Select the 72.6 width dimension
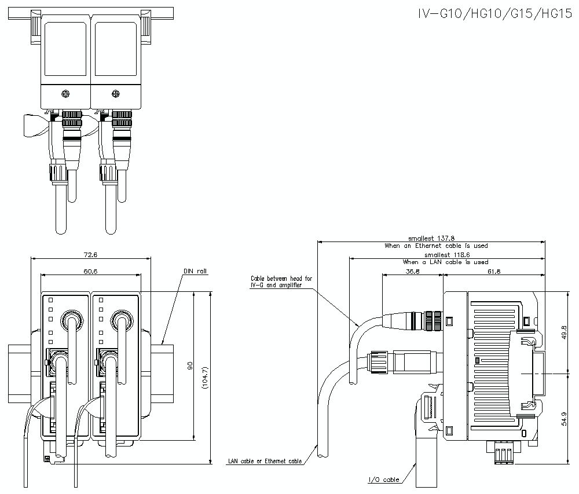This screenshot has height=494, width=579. click(x=90, y=254)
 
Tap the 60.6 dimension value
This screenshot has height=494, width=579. click(x=90, y=271)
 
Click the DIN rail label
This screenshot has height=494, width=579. click(x=195, y=271)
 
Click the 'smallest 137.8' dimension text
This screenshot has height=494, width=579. click(x=431, y=238)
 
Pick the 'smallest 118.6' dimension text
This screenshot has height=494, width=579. click(x=446, y=254)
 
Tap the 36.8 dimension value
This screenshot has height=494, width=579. click(x=412, y=271)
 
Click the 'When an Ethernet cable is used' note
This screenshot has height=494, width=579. click(x=436, y=246)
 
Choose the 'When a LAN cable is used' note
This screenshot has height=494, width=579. click(x=445, y=262)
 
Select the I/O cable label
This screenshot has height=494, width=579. click(x=384, y=480)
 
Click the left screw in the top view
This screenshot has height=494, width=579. click(x=66, y=94)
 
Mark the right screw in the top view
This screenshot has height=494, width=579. click(x=116, y=94)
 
